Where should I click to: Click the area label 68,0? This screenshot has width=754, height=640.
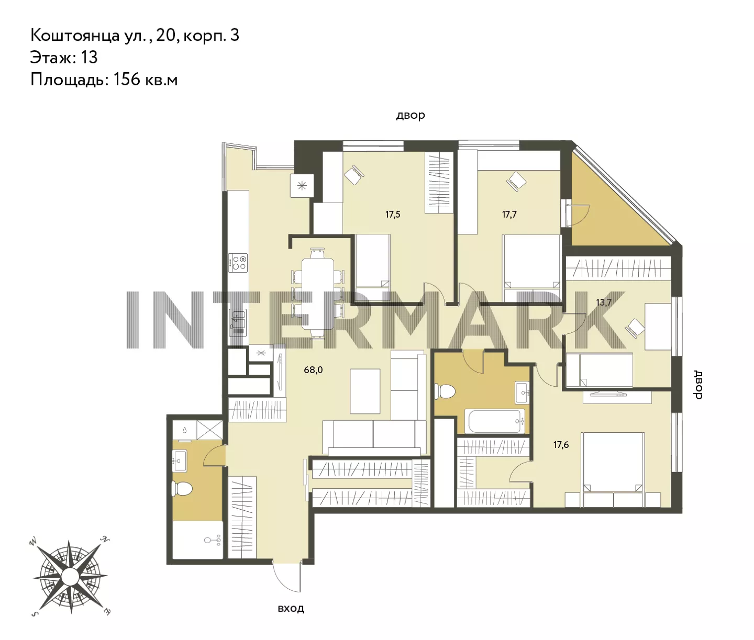[x=313, y=370]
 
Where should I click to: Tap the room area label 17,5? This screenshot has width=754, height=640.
[x=393, y=215]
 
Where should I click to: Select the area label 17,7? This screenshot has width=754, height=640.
[x=509, y=215]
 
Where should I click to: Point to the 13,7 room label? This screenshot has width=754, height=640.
[x=604, y=302]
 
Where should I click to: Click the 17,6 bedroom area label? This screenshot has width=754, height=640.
[x=561, y=445]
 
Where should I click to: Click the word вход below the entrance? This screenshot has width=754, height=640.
[x=291, y=609]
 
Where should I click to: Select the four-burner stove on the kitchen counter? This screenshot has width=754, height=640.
[x=238, y=263]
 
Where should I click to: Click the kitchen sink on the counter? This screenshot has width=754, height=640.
[x=238, y=323]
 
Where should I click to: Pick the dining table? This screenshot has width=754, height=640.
[x=317, y=294]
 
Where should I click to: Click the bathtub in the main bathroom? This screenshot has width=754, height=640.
[x=496, y=421]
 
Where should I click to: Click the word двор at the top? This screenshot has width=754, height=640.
[x=411, y=116]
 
